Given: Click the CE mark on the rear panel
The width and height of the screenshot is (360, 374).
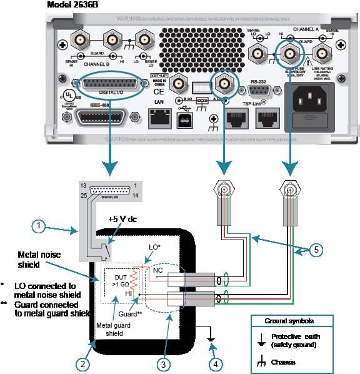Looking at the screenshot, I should click(158, 93).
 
